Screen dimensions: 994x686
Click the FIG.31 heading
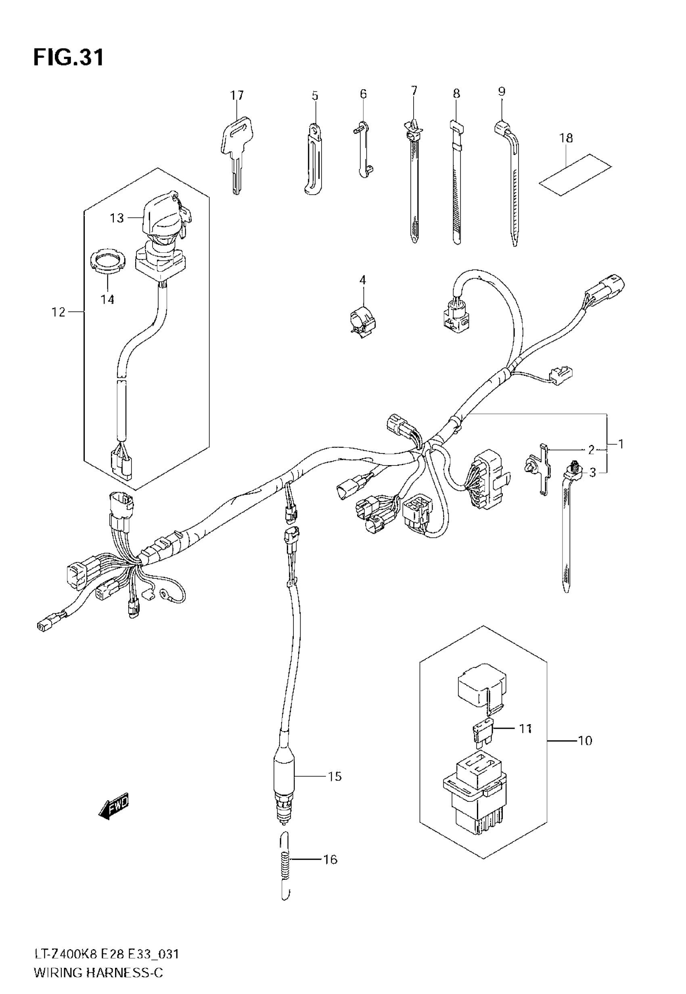click(x=69, y=58)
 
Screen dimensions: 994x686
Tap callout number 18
click(x=566, y=138)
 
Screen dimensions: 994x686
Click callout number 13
click(x=117, y=218)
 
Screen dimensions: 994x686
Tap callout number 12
click(x=59, y=312)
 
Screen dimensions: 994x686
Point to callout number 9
click(x=501, y=92)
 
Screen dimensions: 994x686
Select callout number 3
click(x=592, y=473)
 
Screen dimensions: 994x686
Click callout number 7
click(x=414, y=91)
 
